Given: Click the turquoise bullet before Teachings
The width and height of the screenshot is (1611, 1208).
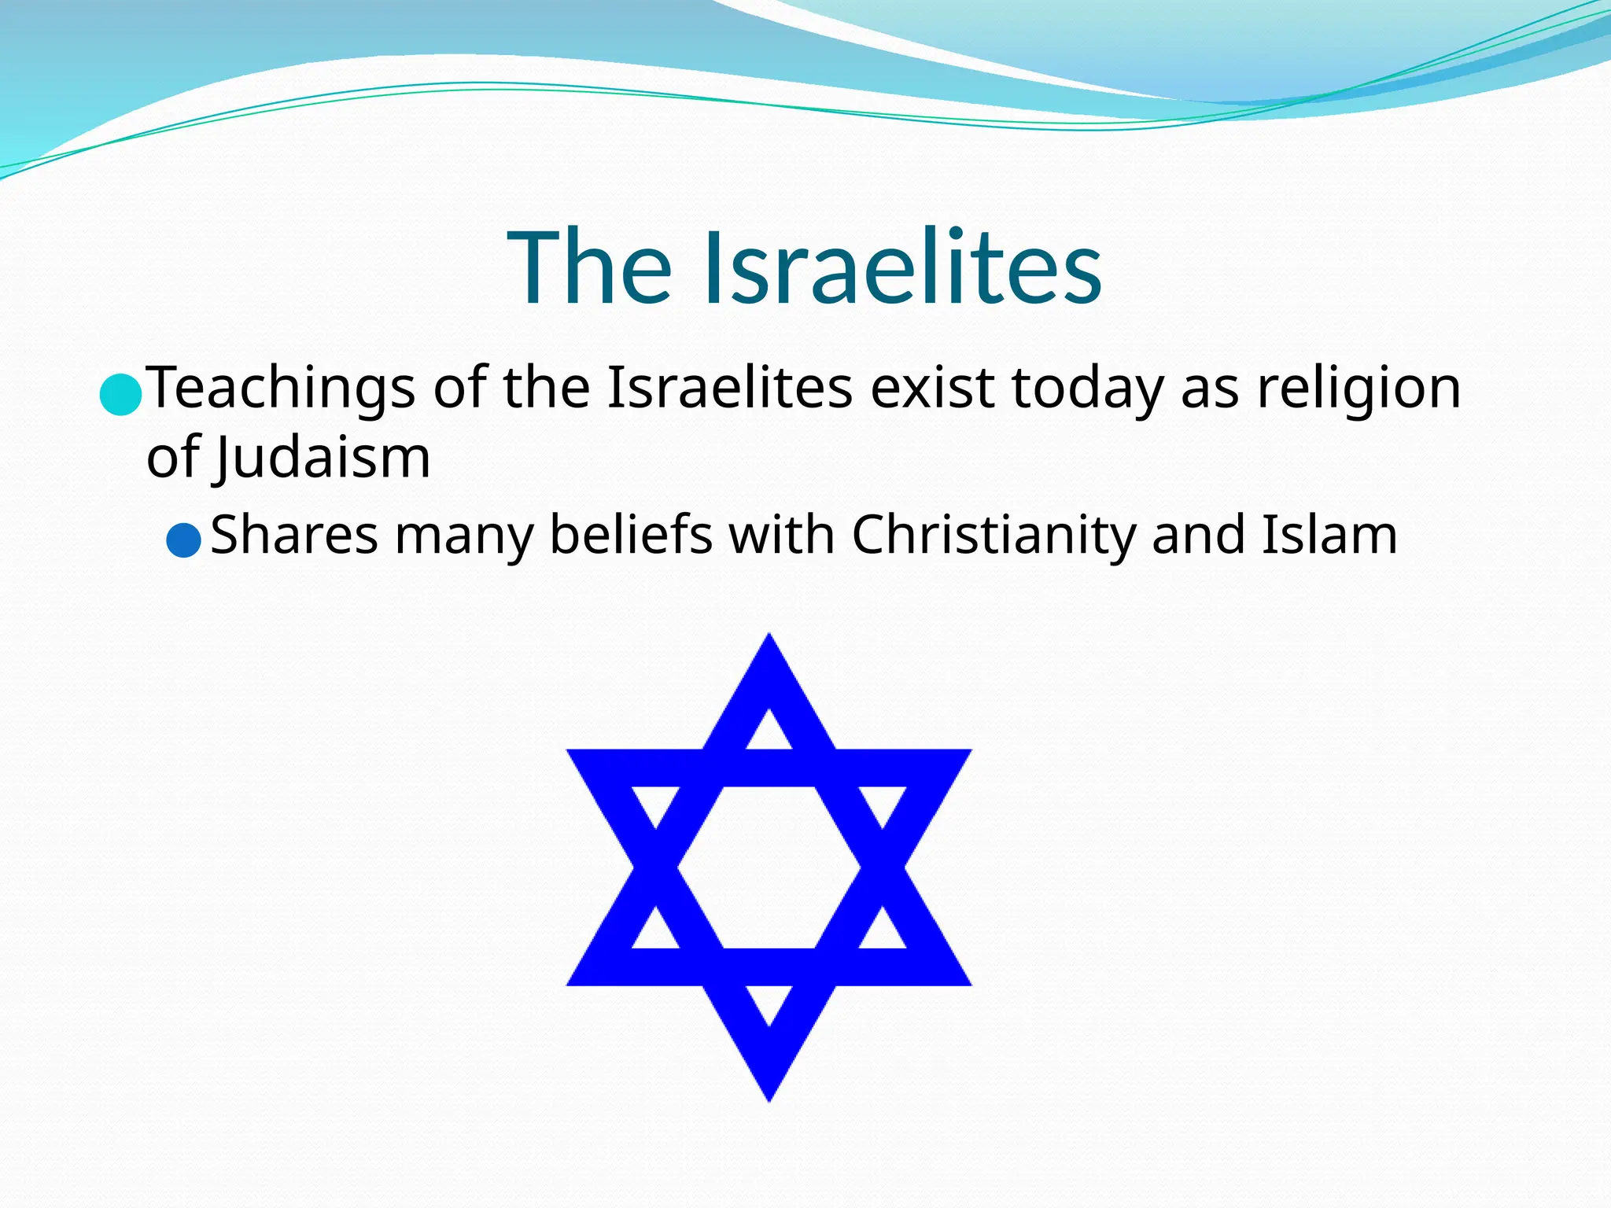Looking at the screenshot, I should (120, 393).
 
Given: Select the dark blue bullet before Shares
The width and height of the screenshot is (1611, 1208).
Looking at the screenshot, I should (184, 540).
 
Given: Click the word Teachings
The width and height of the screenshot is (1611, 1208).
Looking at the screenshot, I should (281, 389).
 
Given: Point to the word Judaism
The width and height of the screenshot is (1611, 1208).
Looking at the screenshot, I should (323, 458).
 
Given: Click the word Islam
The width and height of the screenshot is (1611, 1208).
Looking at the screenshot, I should (1329, 536).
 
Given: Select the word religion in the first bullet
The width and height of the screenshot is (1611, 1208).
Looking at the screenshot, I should (1358, 389).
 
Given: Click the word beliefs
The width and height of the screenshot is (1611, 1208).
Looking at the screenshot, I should (631, 536).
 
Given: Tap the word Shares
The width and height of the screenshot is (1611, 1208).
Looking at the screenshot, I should (294, 536).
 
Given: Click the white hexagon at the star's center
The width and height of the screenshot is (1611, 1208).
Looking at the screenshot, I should (769, 867).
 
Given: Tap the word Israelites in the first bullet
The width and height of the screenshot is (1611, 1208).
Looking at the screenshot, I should (729, 389).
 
